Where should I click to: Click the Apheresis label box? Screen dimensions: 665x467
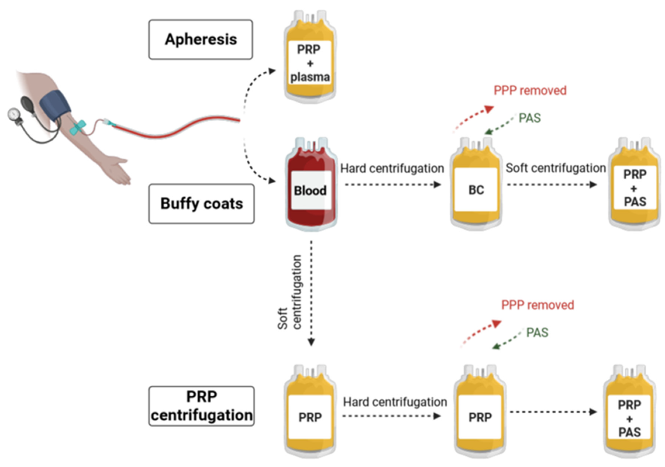(201, 39)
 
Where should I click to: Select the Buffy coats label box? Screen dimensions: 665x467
(202, 203)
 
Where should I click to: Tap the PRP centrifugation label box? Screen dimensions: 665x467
(202, 406)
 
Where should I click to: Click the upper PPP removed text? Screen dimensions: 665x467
(530, 90)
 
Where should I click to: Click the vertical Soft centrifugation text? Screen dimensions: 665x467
(290, 292)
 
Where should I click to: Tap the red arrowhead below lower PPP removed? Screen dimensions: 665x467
(497, 324)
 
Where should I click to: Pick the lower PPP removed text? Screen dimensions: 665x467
(538, 305)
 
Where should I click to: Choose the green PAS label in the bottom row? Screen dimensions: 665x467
(537, 332)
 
